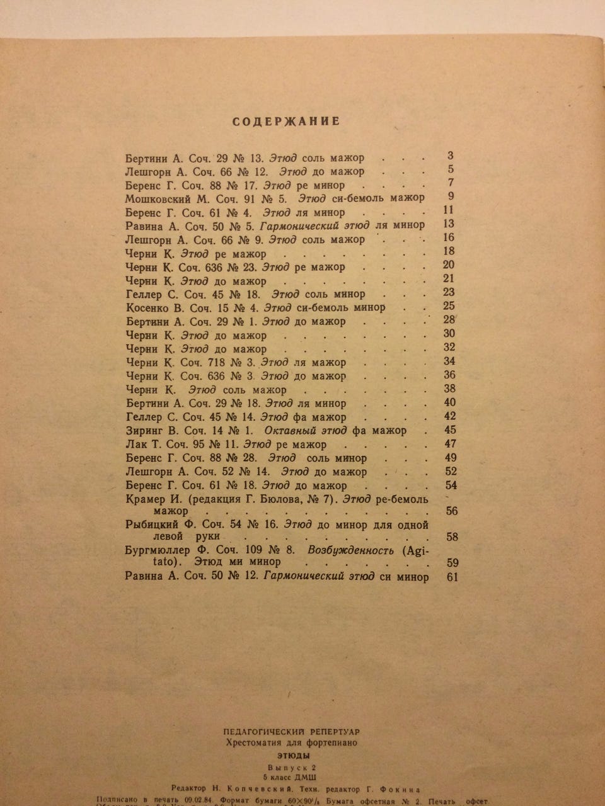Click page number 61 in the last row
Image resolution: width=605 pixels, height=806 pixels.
pyautogui.click(x=450, y=577)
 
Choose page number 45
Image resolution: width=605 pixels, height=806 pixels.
pyautogui.click(x=449, y=430)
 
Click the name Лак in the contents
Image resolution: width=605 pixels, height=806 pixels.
pyautogui.click(x=135, y=445)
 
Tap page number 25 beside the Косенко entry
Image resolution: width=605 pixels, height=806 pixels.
pyautogui.click(x=449, y=306)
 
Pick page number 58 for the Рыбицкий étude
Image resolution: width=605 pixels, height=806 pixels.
pyautogui.click(x=451, y=536)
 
